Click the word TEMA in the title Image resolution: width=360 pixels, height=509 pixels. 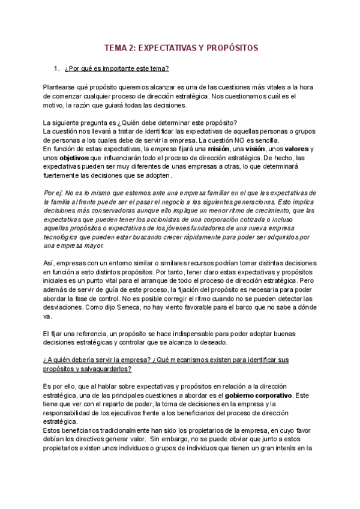[x=117, y=47]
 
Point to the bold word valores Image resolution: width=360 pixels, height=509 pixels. [x=298, y=149]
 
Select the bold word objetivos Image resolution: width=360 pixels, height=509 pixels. [x=73, y=158]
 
